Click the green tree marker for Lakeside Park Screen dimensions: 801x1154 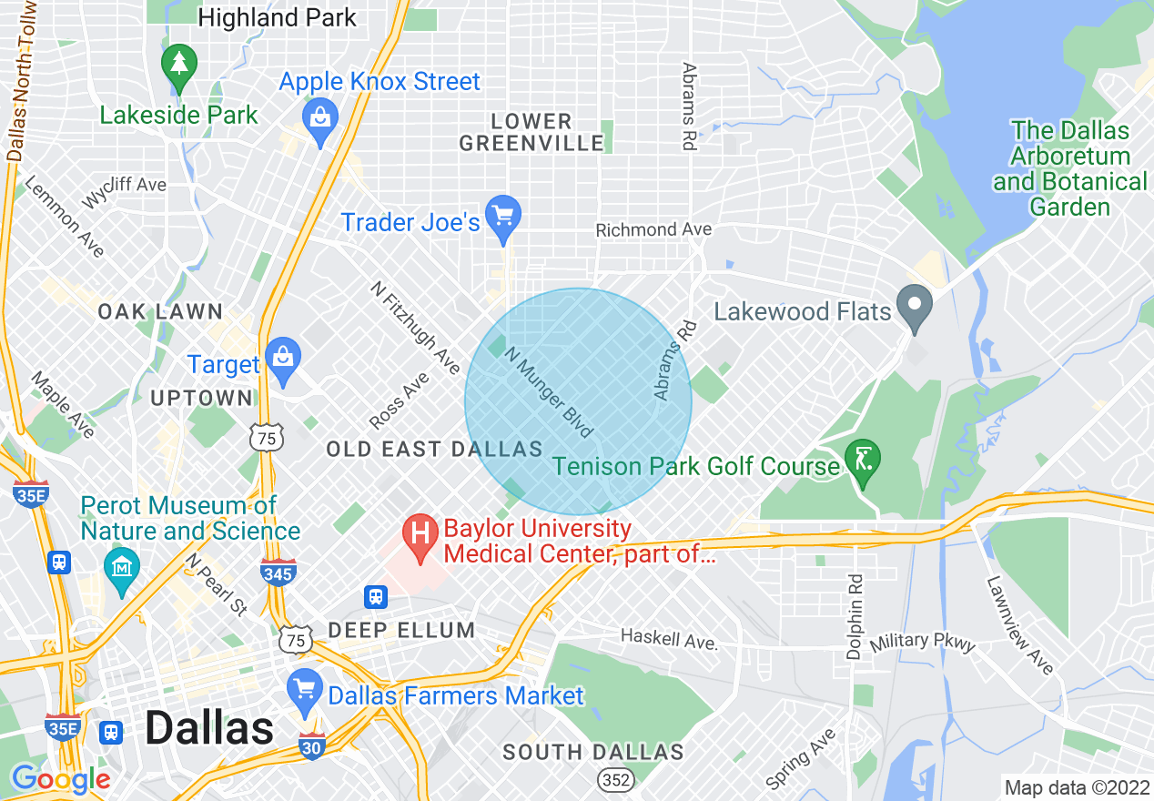pos(179,66)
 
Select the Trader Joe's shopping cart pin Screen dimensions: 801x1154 pos(501,218)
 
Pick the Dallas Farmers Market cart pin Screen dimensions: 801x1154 pos(304,689)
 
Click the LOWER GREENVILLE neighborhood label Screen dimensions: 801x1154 pos(531,132)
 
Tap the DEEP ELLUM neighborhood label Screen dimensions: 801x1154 pos(401,630)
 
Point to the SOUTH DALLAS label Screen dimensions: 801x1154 pos(592,752)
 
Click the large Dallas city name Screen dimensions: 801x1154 pos(209,728)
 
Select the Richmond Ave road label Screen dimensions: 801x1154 pos(653,230)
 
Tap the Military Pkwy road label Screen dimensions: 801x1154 pos(922,643)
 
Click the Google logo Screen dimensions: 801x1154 pos(60,779)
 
